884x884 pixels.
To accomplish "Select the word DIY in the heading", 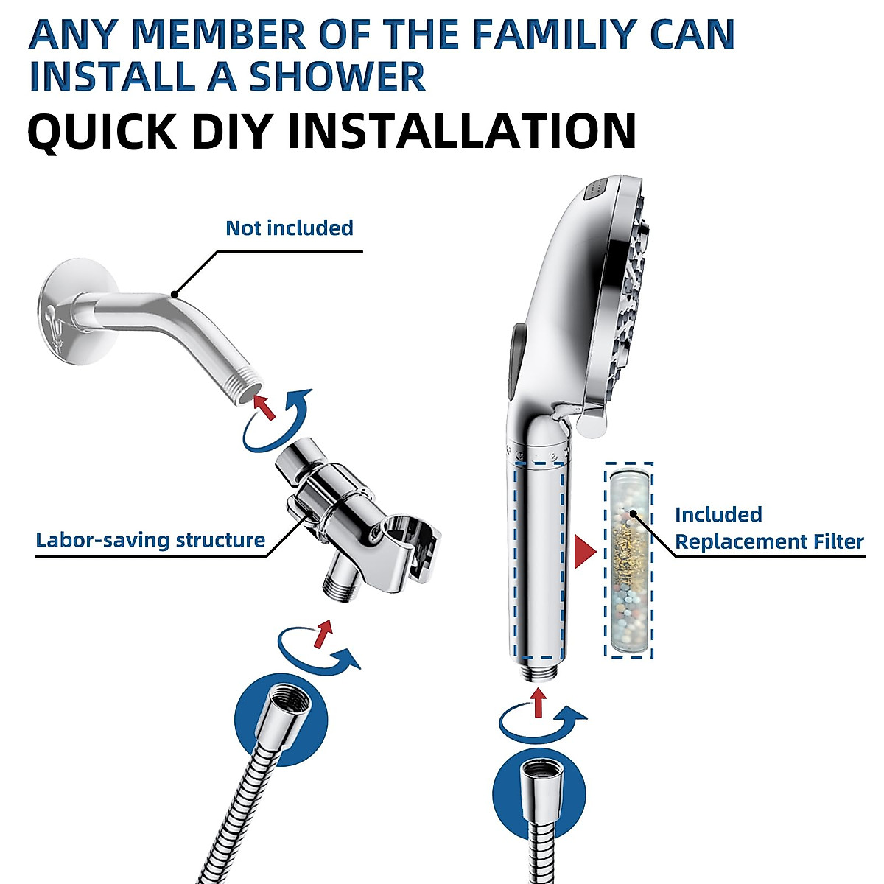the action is click(232, 131).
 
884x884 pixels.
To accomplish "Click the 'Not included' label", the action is click(289, 228).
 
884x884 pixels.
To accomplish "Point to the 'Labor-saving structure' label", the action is click(150, 540).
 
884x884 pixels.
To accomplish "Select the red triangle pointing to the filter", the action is click(585, 551).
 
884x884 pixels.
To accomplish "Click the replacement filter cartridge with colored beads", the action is click(628, 560).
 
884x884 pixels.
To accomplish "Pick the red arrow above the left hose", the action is click(322, 634).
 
